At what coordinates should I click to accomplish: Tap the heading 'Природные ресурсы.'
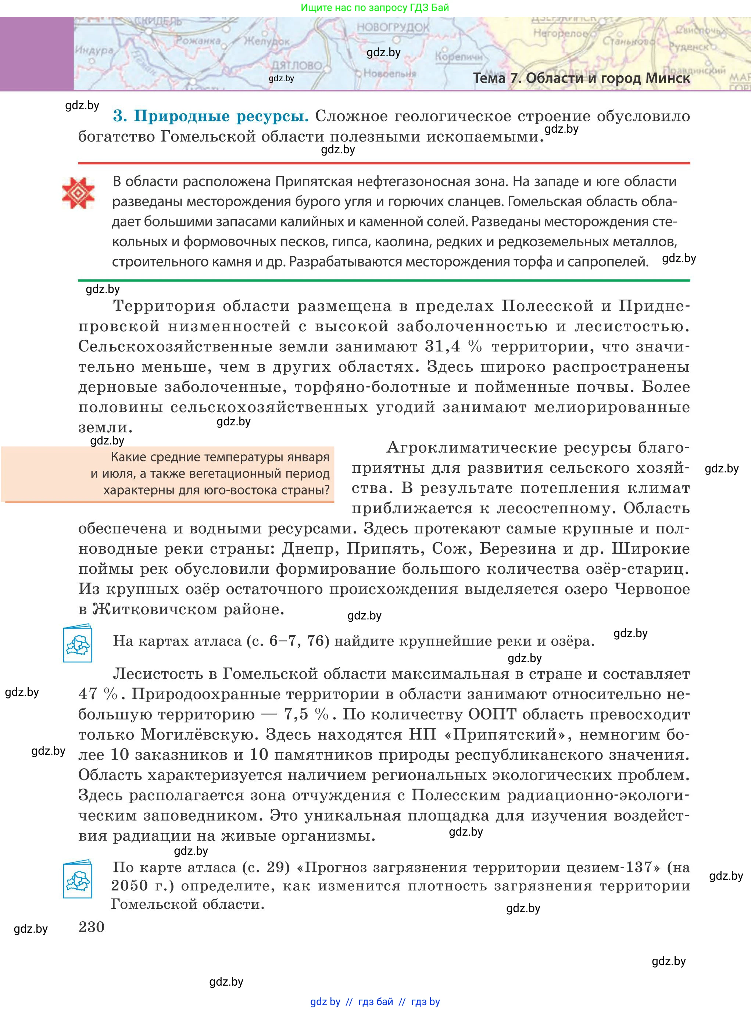pyautogui.click(x=211, y=117)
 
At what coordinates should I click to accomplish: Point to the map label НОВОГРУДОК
pyautogui.click(x=392, y=27)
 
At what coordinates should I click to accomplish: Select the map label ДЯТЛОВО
pyautogui.click(x=296, y=65)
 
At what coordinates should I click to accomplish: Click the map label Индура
pyautogui.click(x=94, y=50)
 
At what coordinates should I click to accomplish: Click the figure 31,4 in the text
pyautogui.click(x=442, y=346)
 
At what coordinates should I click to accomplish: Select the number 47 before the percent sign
pyautogui.click(x=88, y=694)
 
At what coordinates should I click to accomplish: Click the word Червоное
pyautogui.click(x=652, y=589)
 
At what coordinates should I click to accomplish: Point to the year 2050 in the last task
pyautogui.click(x=129, y=886)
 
